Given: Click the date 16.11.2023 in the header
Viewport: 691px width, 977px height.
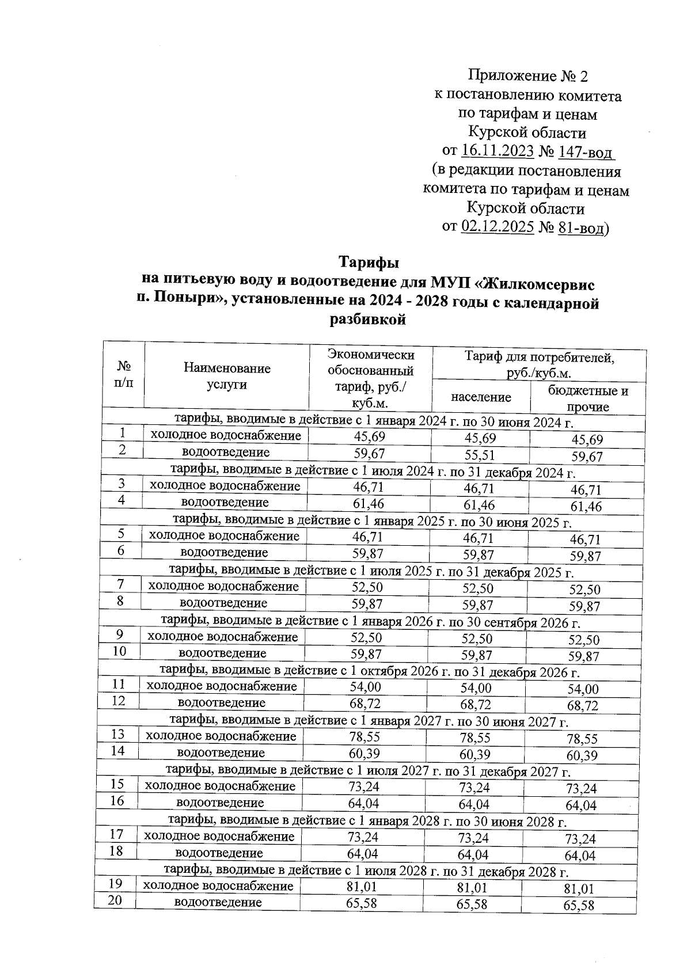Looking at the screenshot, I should [x=498, y=151].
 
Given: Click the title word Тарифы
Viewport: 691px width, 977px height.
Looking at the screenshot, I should [x=369, y=263].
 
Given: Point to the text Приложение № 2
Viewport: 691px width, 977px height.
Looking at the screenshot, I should [x=528, y=75].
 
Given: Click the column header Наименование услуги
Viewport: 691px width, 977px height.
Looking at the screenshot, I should [x=227, y=376].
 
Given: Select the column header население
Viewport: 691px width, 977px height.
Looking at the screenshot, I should [x=481, y=397].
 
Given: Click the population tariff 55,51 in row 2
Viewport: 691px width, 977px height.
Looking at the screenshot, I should [x=480, y=455].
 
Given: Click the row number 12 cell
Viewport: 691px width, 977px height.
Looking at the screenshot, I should [x=118, y=701].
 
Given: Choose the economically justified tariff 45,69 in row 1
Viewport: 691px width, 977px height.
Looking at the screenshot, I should [x=369, y=437].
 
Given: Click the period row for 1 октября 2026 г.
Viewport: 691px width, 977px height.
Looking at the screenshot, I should [x=369, y=671].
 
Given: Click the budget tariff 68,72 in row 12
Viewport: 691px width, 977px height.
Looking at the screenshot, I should [x=583, y=705].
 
